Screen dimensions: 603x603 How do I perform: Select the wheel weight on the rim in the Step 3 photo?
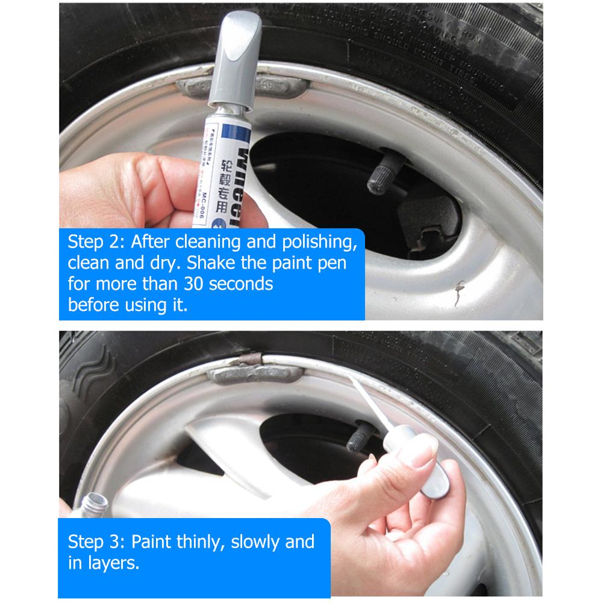point(253,374)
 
